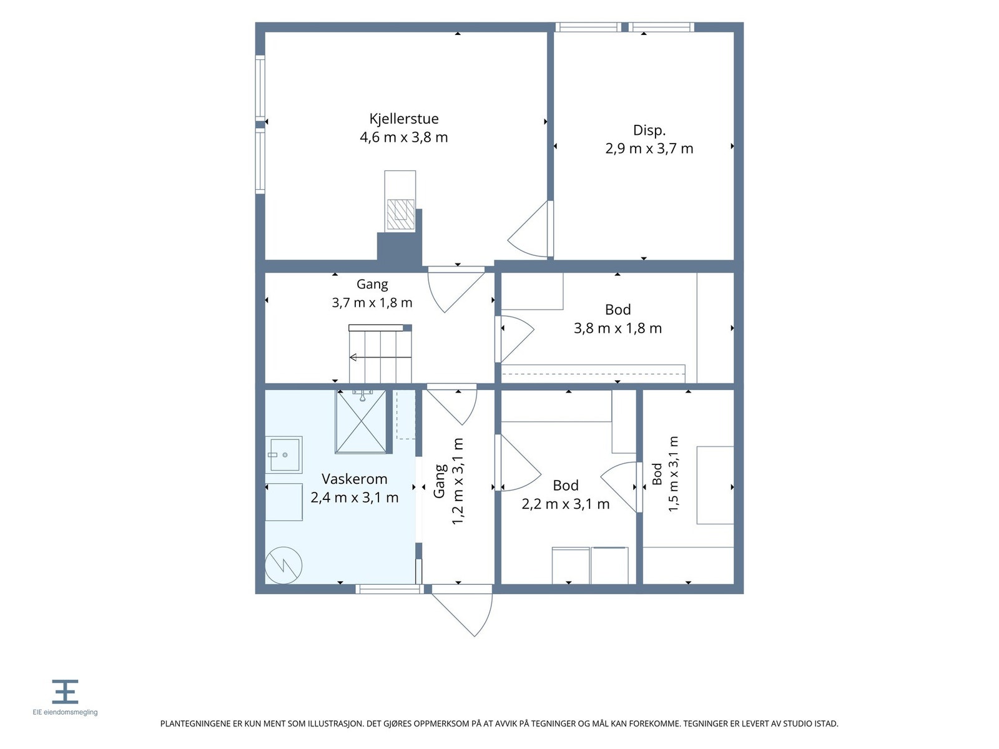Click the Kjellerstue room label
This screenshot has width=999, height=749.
click(x=404, y=119)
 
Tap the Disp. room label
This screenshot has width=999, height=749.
click(x=649, y=130)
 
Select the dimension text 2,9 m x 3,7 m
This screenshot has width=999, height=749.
click(x=649, y=149)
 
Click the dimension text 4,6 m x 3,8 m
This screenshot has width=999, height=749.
click(x=404, y=137)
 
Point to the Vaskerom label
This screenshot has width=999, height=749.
click(x=354, y=479)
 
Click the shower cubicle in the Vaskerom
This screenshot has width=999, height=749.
click(x=361, y=421)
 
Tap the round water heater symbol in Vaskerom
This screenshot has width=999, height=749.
click(x=283, y=565)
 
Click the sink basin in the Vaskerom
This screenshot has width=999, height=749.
click(x=284, y=455)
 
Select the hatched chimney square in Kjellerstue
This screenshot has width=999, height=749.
click(x=400, y=214)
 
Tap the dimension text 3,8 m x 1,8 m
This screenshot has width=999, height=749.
click(x=618, y=328)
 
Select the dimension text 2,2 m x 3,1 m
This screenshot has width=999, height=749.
click(x=565, y=504)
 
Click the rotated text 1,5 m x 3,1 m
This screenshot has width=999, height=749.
click(x=674, y=474)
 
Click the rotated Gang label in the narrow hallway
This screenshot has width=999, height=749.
click(x=439, y=481)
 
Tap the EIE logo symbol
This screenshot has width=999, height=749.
click(x=65, y=692)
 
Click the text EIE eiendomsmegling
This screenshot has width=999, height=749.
click(x=65, y=712)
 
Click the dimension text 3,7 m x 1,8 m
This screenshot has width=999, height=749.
click(x=372, y=303)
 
